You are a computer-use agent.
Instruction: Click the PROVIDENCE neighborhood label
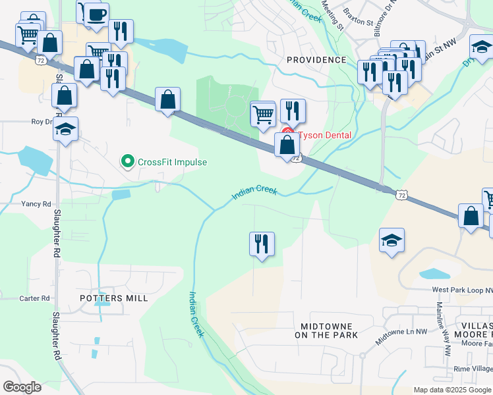316,60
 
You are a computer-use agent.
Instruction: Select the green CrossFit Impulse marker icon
127,161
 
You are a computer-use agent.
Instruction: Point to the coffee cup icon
96,14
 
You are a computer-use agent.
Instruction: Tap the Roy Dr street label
42,122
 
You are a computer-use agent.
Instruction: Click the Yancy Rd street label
36,204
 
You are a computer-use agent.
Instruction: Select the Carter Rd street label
34,298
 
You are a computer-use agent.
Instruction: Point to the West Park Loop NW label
461,290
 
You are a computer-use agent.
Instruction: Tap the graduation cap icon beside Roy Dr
66,129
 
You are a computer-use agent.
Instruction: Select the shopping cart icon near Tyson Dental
263,113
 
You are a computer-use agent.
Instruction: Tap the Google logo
22,387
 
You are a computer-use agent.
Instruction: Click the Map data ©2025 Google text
452,390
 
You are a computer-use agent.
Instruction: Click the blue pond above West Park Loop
435,273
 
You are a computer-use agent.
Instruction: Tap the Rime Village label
473,369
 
